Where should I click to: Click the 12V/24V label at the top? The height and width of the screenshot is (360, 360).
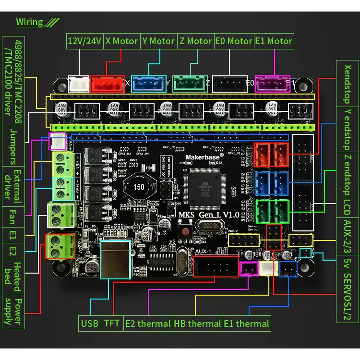(x=84, y=41)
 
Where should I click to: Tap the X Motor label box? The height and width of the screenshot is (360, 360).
(x=121, y=41)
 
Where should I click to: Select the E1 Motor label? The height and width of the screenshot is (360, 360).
(x=273, y=41)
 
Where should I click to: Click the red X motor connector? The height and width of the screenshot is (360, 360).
(x=108, y=84)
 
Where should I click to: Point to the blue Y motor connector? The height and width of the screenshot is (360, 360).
(x=148, y=84)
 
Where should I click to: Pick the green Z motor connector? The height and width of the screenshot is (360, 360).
(x=189, y=84)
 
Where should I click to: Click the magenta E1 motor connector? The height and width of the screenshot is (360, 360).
(x=273, y=83)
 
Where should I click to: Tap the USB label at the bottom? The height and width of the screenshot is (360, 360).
(x=89, y=324)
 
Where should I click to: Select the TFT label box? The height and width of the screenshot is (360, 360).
(x=112, y=324)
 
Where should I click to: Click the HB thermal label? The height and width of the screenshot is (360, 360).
(x=197, y=324)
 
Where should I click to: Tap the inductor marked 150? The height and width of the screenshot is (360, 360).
(x=139, y=186)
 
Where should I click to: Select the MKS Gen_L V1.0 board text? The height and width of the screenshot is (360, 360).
(x=210, y=215)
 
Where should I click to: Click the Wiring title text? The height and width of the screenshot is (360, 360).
(x=29, y=22)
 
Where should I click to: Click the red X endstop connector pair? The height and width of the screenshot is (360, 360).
(x=272, y=155)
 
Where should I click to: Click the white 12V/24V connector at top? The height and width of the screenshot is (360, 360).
(x=79, y=84)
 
